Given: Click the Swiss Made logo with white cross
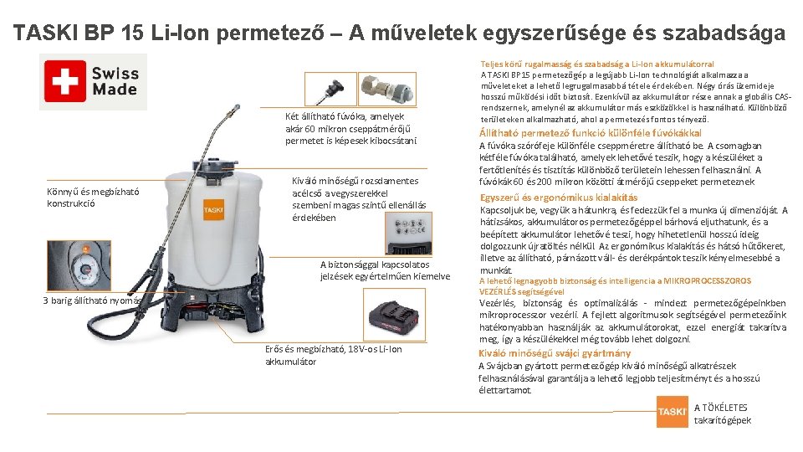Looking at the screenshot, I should [x=93, y=82].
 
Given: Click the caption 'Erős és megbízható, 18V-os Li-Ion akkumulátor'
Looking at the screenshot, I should [x=333, y=355].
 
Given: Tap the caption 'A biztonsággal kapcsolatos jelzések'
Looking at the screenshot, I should [x=385, y=270].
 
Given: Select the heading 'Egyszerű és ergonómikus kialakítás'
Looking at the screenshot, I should [x=559, y=198].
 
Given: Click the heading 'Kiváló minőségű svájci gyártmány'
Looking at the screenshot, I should [x=555, y=353].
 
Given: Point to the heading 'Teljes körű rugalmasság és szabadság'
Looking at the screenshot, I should [x=596, y=64].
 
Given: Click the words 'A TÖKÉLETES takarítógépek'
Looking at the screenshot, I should [x=722, y=413].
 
